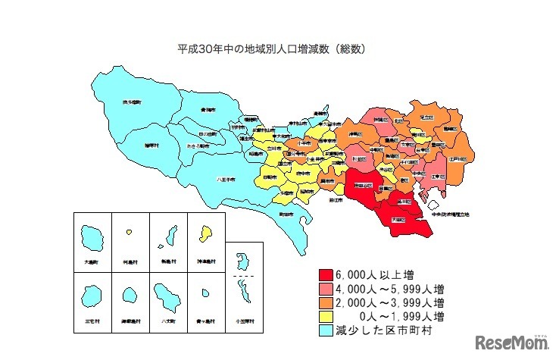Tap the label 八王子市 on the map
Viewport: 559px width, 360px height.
click(225, 180)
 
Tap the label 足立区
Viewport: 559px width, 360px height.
click(426, 117)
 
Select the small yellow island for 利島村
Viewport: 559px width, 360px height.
click(130, 231)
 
